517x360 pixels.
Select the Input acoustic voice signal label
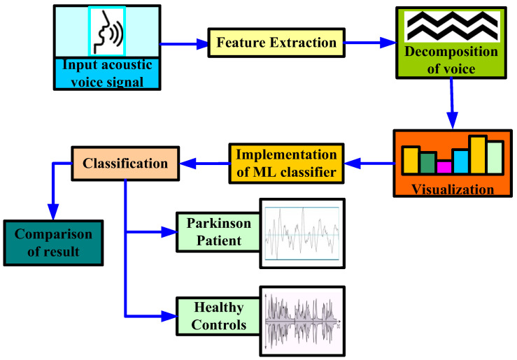pyautogui.click(x=107, y=73)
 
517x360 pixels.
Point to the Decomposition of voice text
pyautogui.click(x=451, y=61)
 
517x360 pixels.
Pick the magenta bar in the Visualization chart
pyautogui.click(x=444, y=167)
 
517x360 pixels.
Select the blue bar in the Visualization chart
pyautogui.click(x=460, y=161)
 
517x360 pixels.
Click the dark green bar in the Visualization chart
pyautogui.click(x=427, y=162)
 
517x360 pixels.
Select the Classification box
pyautogui.click(x=125, y=164)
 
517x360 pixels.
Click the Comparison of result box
pyautogui.click(x=53, y=242)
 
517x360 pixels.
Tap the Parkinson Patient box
pyautogui.click(x=214, y=232)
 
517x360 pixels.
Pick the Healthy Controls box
pyautogui.click(x=214, y=316)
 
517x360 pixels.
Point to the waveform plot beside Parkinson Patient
pyautogui.click(x=303, y=233)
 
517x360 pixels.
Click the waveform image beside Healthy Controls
pyautogui.click(x=303, y=318)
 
